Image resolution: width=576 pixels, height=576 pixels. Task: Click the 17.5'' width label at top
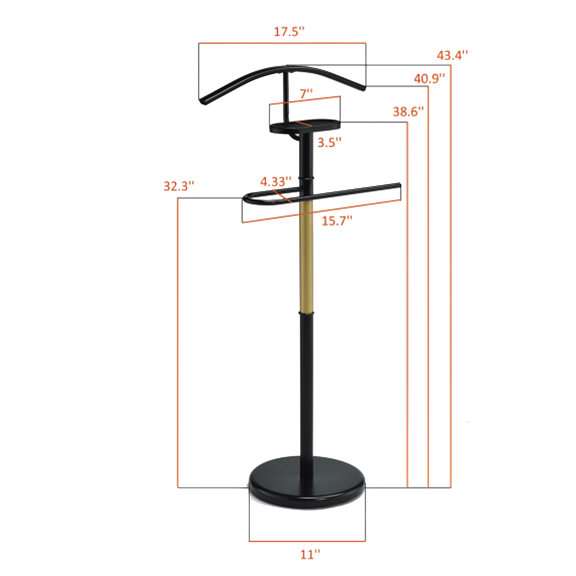point(289,32)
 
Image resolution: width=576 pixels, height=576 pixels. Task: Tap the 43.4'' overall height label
point(452,56)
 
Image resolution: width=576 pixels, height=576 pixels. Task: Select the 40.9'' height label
point(429,79)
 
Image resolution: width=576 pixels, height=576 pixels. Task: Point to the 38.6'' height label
point(408,112)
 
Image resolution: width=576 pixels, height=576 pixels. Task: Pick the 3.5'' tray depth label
point(329,143)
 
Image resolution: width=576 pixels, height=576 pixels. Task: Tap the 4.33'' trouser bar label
point(276,181)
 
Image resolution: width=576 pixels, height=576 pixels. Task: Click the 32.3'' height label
point(179,186)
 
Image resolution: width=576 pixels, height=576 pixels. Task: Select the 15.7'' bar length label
point(337,221)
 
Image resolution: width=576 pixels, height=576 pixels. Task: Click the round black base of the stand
point(307,489)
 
